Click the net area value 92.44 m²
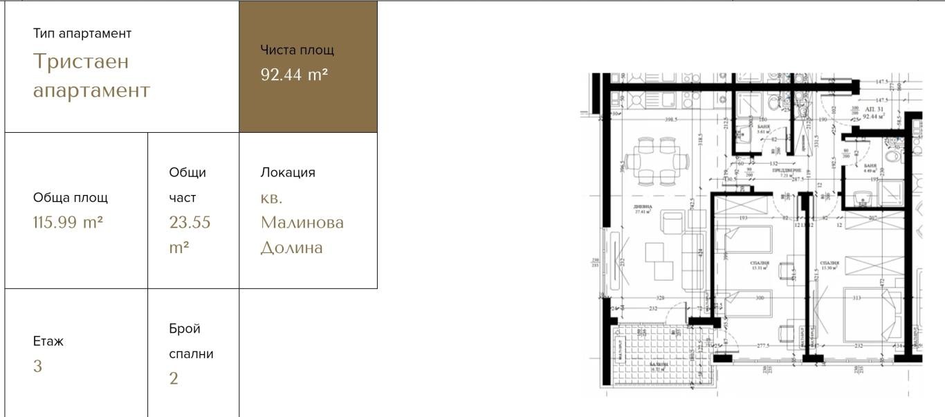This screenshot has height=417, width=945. (x=294, y=75)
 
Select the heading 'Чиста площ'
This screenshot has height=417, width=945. (x=297, y=50)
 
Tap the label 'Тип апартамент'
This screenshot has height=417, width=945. (x=82, y=33)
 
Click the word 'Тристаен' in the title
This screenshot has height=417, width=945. (x=81, y=62)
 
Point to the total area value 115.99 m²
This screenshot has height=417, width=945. (x=68, y=223)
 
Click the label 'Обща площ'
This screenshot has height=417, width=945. (x=70, y=198)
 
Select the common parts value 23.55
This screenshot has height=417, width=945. (x=190, y=223)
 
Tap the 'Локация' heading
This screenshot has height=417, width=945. (x=287, y=173)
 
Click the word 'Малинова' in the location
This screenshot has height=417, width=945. (x=302, y=223)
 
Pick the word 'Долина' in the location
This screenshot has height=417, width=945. (x=291, y=248)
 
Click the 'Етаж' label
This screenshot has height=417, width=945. (x=48, y=342)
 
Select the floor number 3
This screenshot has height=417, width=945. (x=37, y=367)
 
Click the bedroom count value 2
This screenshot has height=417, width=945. (x=174, y=378)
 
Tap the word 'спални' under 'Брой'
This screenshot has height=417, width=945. (x=191, y=354)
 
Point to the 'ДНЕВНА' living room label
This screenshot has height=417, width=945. (x=643, y=207)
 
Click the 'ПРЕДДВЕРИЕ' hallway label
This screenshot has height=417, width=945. (x=787, y=170)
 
